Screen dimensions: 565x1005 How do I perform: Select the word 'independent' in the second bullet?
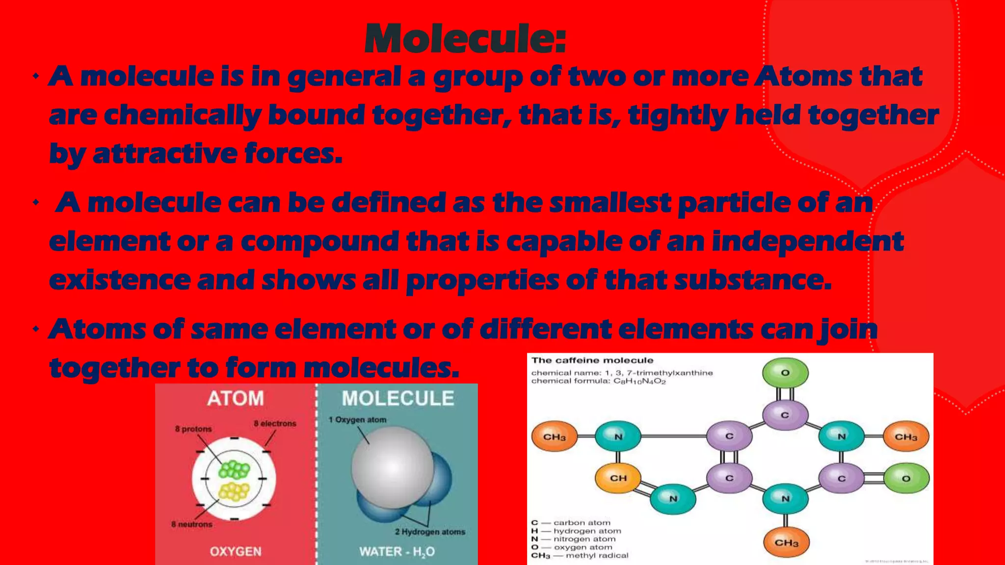tap(807, 241)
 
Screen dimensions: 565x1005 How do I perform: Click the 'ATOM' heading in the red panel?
tap(236, 398)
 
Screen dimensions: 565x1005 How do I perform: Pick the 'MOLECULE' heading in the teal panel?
tap(397, 398)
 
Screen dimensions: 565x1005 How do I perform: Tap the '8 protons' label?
tap(193, 429)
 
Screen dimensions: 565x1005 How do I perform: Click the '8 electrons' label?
tap(275, 423)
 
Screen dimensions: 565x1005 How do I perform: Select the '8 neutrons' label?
tap(192, 524)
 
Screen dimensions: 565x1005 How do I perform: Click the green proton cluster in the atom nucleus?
tap(234, 470)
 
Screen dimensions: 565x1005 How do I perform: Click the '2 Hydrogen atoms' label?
tap(430, 532)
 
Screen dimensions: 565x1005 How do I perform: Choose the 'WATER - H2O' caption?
tap(397, 552)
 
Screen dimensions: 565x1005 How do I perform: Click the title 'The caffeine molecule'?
tap(592, 360)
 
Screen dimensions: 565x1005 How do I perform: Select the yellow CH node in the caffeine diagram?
tap(618, 478)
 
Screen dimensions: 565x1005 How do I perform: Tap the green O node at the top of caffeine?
tap(785, 373)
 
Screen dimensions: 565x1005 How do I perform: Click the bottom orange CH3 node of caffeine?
tap(786, 542)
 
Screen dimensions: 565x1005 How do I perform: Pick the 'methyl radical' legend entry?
tap(597, 555)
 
